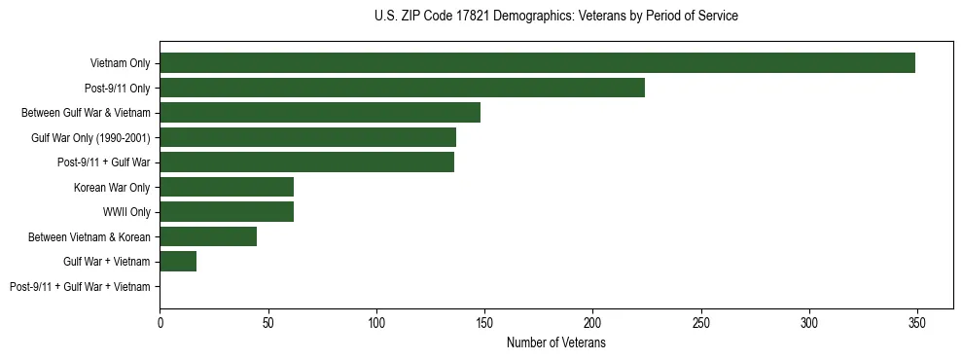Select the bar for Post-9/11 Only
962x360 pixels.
click(402, 88)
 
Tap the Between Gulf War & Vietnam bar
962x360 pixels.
click(320, 113)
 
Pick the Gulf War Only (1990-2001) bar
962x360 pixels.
click(307, 137)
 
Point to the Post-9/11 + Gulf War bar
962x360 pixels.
click(306, 162)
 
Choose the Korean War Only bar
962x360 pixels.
click(227, 187)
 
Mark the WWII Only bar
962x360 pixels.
click(227, 212)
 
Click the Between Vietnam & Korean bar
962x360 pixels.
click(208, 236)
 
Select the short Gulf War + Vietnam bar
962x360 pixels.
click(178, 262)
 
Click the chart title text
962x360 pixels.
click(555, 17)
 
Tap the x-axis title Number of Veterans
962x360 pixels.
click(555, 343)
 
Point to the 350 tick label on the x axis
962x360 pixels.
click(916, 322)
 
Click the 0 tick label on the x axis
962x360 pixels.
click(160, 322)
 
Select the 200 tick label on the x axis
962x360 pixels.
click(592, 322)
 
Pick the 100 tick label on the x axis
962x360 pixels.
click(376, 322)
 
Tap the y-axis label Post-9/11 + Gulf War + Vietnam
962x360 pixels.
click(80, 287)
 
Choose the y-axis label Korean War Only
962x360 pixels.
click(112, 188)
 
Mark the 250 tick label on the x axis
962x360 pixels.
click(700, 322)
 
